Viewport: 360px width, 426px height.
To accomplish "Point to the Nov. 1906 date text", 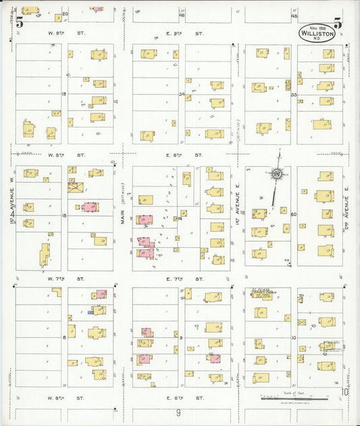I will pyautogui.click(x=315, y=24).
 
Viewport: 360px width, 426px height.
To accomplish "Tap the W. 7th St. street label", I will pyautogui.click(x=65, y=277).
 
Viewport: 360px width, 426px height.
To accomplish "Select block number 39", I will pyautogui.click(x=181, y=95).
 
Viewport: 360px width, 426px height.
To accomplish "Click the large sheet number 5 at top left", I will pyautogui.click(x=20, y=22).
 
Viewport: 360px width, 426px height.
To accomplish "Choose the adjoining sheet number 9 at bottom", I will pyautogui.click(x=179, y=412).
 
